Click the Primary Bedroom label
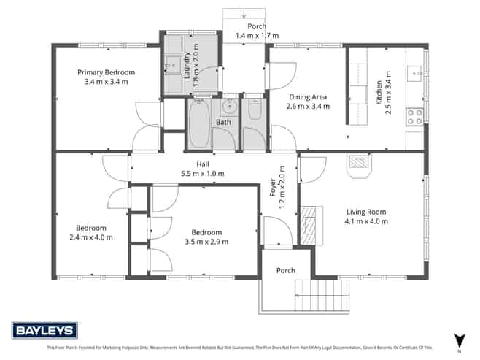click(x=107, y=72)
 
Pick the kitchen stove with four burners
click(x=414, y=116)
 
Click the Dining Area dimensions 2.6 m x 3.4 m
click(x=307, y=106)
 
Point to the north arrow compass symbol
click(x=459, y=340)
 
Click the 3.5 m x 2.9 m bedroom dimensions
click(x=203, y=242)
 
